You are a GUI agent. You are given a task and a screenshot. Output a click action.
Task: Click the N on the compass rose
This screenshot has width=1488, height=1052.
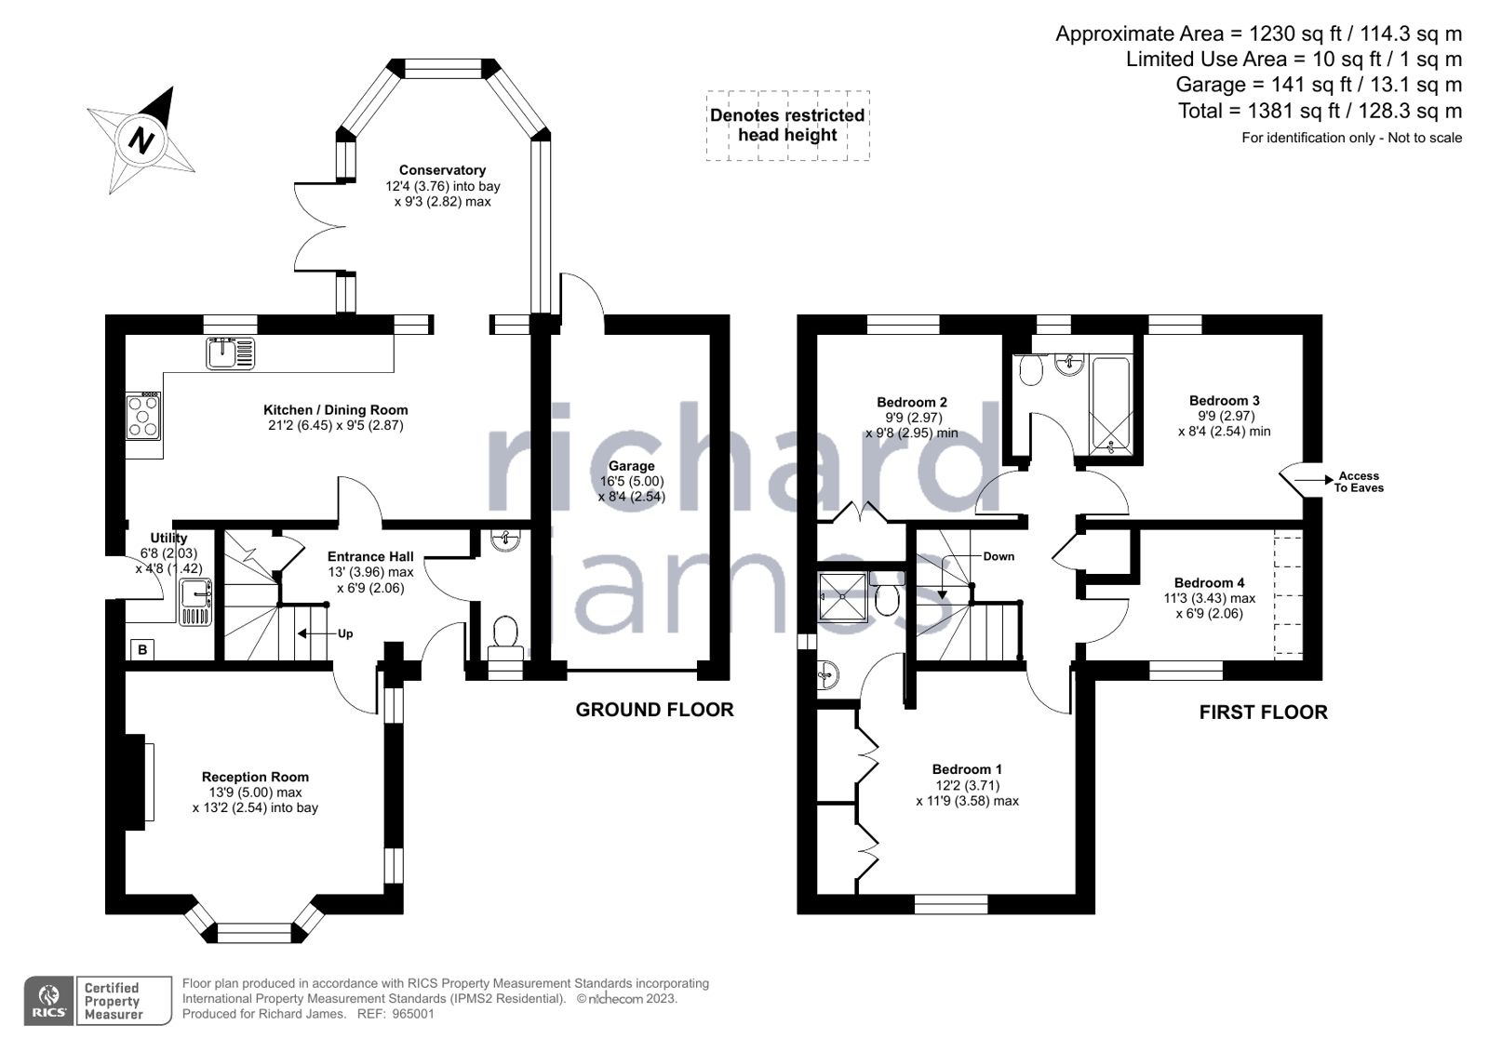click(141, 140)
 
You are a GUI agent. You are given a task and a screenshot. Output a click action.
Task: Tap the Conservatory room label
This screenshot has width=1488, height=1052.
click(442, 170)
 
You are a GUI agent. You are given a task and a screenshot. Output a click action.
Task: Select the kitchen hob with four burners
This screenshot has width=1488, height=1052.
click(143, 417)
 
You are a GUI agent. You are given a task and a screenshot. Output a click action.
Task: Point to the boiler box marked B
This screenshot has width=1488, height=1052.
click(142, 649)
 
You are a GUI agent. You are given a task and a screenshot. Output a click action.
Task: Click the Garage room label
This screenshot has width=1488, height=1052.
click(631, 466)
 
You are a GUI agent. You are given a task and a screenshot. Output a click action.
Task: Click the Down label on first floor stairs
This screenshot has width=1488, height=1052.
click(998, 556)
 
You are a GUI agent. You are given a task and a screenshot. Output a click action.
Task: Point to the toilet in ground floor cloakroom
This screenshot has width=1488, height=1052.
click(505, 633)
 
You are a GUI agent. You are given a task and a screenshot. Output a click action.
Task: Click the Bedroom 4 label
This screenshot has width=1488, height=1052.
click(1209, 583)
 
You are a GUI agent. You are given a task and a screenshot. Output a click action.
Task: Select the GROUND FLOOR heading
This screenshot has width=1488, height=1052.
click(654, 710)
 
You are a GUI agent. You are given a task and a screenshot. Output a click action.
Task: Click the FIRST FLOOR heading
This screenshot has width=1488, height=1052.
click(1263, 712)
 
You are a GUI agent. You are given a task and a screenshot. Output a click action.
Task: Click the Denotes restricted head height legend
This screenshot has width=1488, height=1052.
click(787, 126)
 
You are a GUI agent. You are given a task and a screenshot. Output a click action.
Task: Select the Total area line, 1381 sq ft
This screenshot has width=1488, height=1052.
click(1320, 111)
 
